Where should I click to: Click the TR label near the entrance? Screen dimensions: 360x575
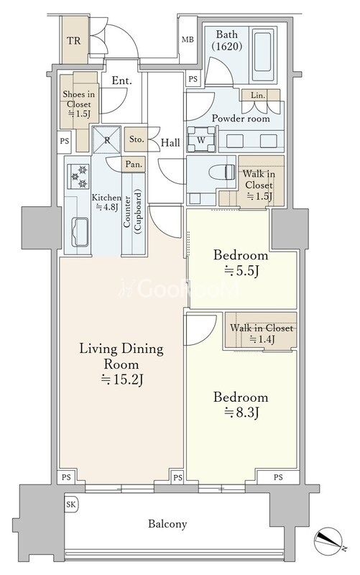click(x=74, y=40)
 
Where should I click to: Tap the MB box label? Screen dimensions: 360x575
click(x=188, y=40)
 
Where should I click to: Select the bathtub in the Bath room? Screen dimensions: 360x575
click(x=262, y=50)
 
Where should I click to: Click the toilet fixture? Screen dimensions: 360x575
click(x=222, y=172)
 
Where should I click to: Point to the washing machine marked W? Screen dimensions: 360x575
click(x=201, y=139)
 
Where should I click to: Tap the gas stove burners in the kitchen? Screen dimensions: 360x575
click(x=78, y=177)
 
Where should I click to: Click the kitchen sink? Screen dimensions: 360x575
click(x=80, y=232)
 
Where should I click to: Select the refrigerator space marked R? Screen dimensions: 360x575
click(x=106, y=139)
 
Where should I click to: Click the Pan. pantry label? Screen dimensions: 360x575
click(x=134, y=165)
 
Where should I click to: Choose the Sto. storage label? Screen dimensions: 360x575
click(x=137, y=139)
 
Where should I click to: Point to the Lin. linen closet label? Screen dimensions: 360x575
click(x=258, y=96)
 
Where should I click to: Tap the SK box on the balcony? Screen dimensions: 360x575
click(x=70, y=505)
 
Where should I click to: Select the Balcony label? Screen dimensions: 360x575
click(x=167, y=524)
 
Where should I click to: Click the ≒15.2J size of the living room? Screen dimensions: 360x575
click(x=121, y=380)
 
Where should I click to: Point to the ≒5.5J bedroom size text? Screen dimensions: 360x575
click(x=241, y=271)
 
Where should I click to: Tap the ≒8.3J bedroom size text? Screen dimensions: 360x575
click(x=241, y=413)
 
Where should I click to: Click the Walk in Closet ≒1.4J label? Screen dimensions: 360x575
click(x=262, y=333)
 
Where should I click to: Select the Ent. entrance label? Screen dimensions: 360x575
click(x=121, y=80)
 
